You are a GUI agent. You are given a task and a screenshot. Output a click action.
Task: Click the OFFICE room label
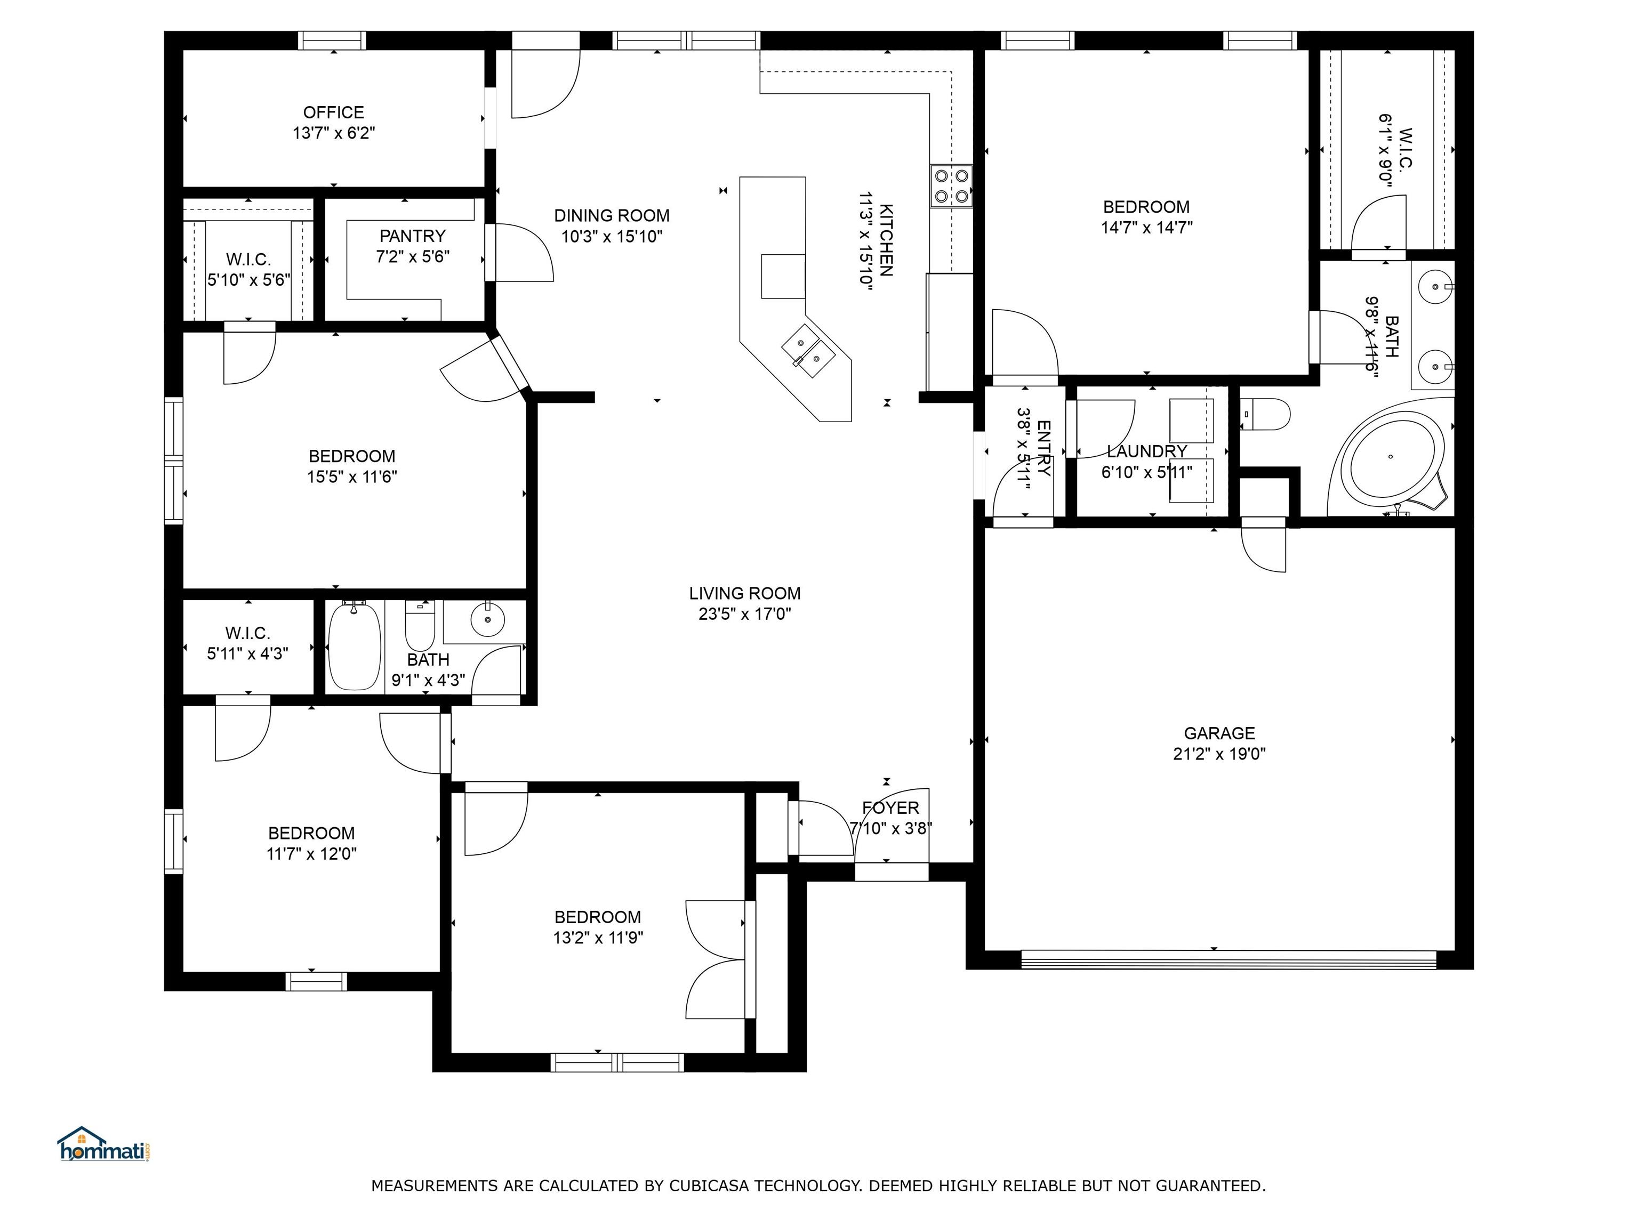pyautogui.click(x=333, y=112)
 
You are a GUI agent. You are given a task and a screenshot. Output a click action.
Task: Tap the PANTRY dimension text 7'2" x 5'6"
pyautogui.click(x=413, y=257)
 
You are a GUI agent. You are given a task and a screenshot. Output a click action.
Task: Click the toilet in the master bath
pyautogui.click(x=1268, y=414)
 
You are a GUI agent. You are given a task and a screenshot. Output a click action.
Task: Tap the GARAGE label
pyautogui.click(x=1219, y=733)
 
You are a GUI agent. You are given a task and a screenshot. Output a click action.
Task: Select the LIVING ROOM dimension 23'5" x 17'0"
pyautogui.click(x=744, y=613)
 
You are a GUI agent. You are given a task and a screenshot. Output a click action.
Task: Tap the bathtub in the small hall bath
pyautogui.click(x=354, y=645)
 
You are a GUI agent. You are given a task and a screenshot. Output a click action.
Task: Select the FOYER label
pyautogui.click(x=890, y=807)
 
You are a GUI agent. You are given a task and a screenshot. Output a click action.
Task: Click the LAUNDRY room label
pyautogui.click(x=1146, y=451)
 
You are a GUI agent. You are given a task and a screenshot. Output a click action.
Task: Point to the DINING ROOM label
pyautogui.click(x=612, y=215)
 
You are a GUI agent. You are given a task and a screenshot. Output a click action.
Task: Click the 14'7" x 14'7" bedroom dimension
pyautogui.click(x=1146, y=227)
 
